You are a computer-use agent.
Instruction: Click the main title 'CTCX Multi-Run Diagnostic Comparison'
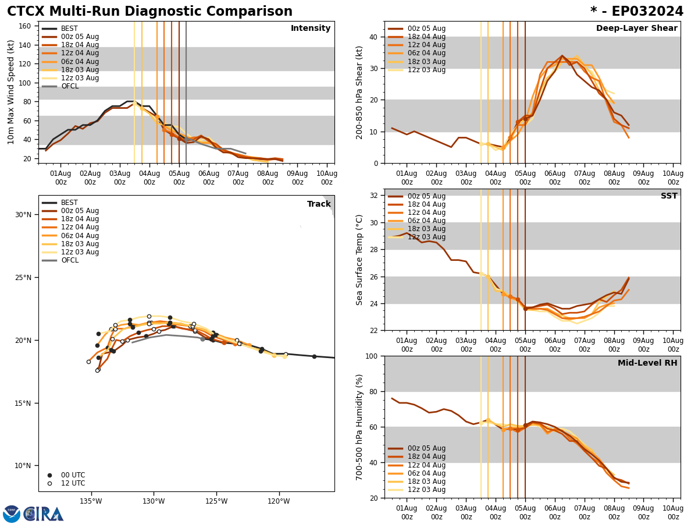[149, 12]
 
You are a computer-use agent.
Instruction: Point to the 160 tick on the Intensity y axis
[27, 26]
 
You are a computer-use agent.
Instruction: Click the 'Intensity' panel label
[311, 29]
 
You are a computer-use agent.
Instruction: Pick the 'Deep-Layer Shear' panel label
[636, 29]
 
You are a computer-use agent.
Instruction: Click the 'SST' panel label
[669, 196]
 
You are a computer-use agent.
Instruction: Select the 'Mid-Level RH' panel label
[647, 363]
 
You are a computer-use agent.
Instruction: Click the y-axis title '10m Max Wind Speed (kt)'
[12, 92]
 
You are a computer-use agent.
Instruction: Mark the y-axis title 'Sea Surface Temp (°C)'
[359, 260]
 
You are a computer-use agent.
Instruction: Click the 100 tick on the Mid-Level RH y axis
[371, 356]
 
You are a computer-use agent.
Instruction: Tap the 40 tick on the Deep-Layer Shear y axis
[373, 37]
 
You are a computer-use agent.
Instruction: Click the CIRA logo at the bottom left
[34, 514]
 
